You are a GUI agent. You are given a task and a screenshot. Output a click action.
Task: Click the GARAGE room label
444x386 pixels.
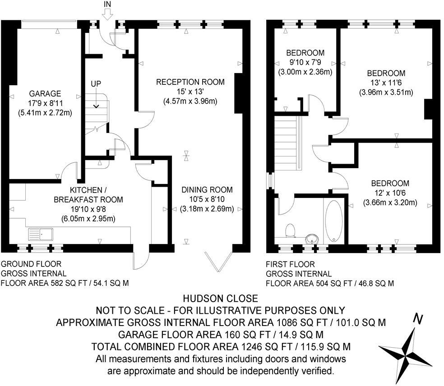pos(45,94)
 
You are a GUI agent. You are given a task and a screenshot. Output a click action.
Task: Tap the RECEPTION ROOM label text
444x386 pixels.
pos(190,82)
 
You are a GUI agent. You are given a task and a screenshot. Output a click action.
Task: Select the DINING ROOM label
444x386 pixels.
pos(207,190)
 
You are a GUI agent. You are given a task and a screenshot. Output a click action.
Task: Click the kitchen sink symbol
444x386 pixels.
pos(41,234)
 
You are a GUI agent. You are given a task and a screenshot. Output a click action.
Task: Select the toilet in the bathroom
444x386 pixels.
pos(291,230)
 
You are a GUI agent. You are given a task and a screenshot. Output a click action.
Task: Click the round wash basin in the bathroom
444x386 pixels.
pos(311,239)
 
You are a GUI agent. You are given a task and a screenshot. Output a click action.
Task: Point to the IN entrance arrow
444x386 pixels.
pos(107,14)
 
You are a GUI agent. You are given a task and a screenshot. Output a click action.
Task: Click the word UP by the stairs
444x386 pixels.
pos(96,84)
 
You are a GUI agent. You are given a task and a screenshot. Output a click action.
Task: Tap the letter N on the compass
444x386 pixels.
pos(418,319)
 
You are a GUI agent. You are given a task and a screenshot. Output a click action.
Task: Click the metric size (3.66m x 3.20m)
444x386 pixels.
pos(390,202)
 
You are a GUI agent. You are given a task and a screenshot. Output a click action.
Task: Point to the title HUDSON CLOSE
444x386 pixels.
pos(220,299)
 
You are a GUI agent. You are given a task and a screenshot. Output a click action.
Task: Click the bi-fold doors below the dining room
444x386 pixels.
pos(219,261)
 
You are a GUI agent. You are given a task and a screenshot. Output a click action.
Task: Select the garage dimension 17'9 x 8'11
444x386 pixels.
pos(45,103)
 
